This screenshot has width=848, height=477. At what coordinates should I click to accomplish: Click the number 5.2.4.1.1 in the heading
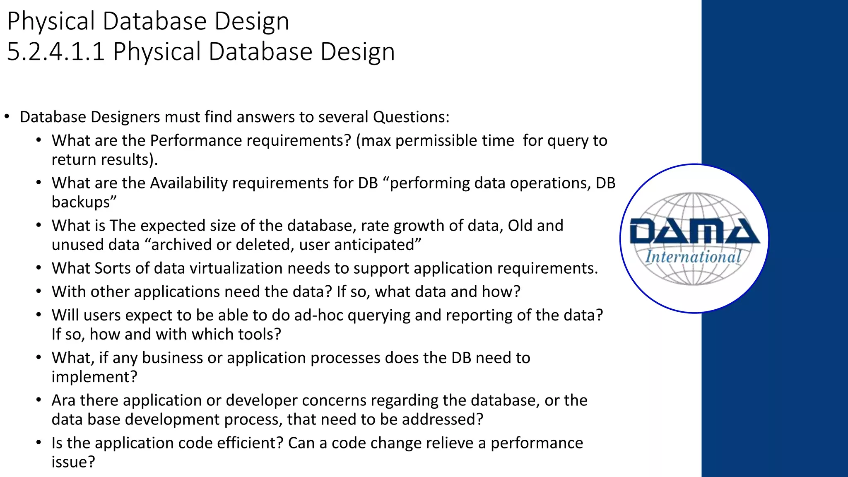click(x=56, y=52)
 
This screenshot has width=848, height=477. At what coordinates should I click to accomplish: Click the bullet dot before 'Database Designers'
click(x=7, y=117)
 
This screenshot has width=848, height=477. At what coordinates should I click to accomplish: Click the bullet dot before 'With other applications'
click(x=39, y=292)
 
